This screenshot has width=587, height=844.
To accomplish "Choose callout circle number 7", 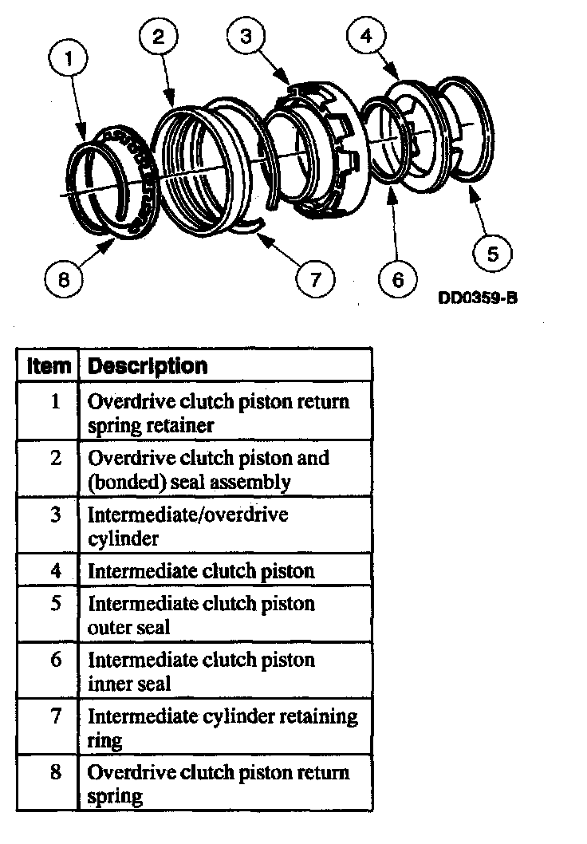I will click(x=315, y=278).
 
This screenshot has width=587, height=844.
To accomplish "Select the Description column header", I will click(x=148, y=366).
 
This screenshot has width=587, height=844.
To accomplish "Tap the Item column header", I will click(x=49, y=366).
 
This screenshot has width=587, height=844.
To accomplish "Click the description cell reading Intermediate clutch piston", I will click(x=201, y=571).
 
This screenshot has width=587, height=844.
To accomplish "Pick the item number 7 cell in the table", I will click(x=56, y=716).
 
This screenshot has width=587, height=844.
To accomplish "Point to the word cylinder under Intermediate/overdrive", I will click(x=123, y=538).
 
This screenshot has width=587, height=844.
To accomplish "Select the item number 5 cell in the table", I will click(x=56, y=604).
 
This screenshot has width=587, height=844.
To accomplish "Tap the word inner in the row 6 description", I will click(x=108, y=684).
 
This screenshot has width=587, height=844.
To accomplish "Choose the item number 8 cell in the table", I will click(x=56, y=773).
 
